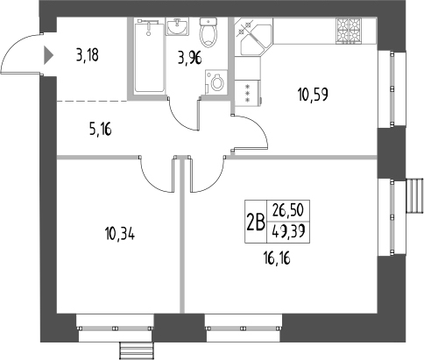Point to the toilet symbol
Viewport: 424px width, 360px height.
[x=208, y=33]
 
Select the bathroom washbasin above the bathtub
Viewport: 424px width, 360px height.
[x=173, y=25]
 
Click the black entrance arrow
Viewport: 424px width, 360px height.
[x=46, y=57]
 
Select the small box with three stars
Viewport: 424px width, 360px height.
[x=248, y=93]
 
